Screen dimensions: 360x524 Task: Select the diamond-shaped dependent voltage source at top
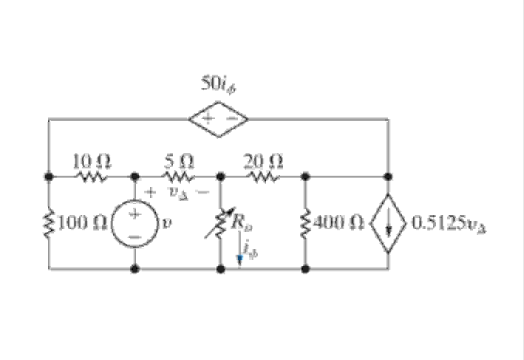click(219, 119)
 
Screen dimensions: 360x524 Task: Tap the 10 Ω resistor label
click(92, 162)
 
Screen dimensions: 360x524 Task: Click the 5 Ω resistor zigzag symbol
click(179, 176)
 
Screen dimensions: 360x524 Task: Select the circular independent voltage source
click(134, 225)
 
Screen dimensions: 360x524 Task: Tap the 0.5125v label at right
click(449, 224)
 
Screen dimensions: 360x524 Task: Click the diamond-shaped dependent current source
click(388, 223)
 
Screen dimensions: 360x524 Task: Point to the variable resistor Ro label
click(242, 223)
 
